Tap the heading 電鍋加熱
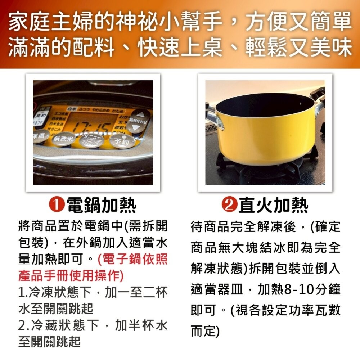(x=102, y=206)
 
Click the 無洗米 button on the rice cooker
(x=64, y=139)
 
